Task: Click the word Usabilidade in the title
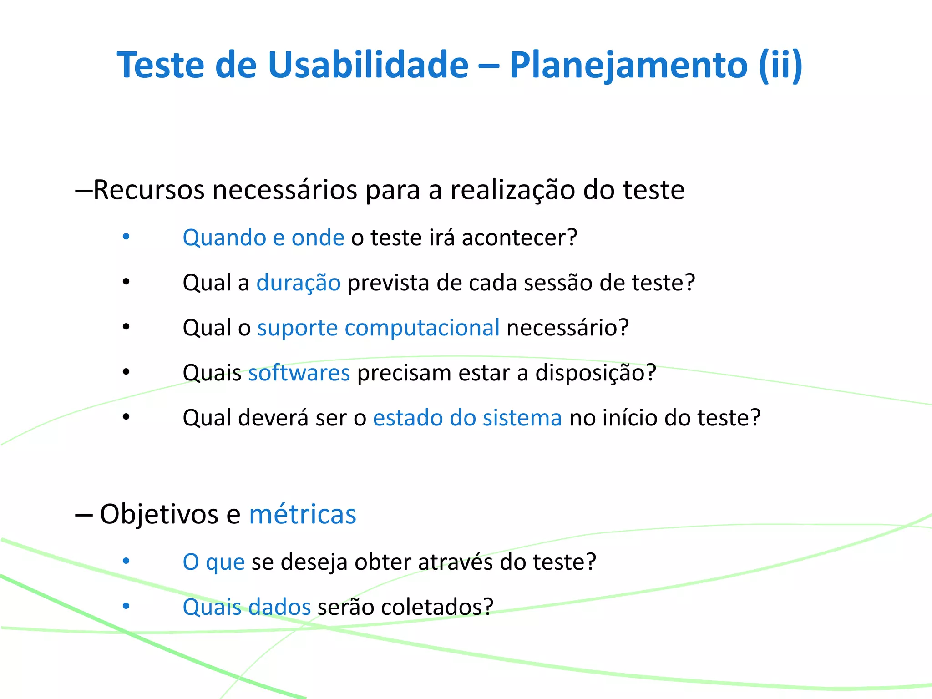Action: click(368, 65)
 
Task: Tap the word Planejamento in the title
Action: click(628, 65)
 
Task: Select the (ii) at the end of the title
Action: click(780, 65)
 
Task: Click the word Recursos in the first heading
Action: click(149, 190)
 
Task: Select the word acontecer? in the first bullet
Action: click(520, 238)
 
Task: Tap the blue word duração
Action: click(299, 283)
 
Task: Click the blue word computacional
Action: click(422, 328)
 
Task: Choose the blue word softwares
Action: click(299, 373)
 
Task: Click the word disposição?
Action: click(596, 373)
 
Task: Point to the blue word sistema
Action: click(522, 418)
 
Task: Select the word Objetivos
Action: click(159, 514)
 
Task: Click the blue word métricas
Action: click(303, 514)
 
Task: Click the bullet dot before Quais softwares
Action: click(127, 372)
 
